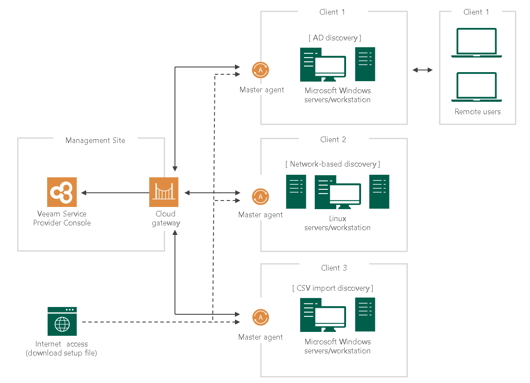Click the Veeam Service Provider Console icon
[62, 192]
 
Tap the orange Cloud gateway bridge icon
[164, 192]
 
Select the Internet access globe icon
[62, 321]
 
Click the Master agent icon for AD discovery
[260, 70]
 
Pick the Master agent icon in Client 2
[260, 197]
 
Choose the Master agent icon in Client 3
[260, 318]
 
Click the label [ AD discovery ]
[335, 38]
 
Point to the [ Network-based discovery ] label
[333, 164]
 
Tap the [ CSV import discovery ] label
[333, 288]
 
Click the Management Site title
[95, 140]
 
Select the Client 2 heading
[333, 140]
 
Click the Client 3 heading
[334, 268]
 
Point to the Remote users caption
[478, 112]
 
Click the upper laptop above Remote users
[476, 43]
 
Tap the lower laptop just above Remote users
[476, 87]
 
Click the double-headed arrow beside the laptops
[423, 70]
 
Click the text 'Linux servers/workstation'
[337, 223]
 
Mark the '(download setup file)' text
[61, 353]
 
